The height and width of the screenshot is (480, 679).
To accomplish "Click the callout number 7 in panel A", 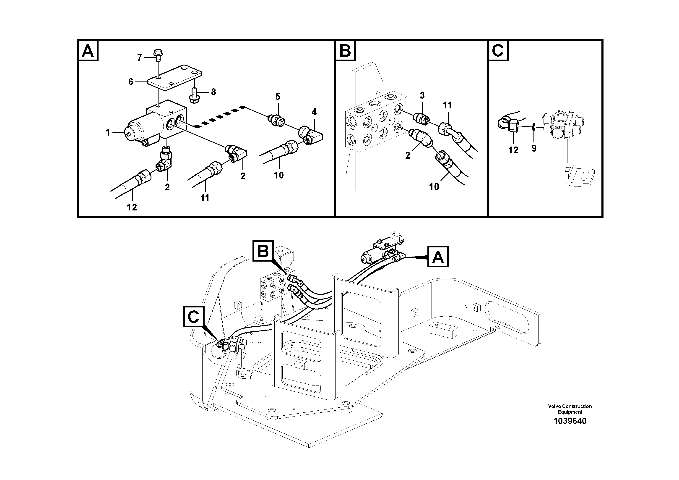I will click(x=140, y=58).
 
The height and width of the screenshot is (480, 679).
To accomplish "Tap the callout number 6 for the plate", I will click(x=131, y=82).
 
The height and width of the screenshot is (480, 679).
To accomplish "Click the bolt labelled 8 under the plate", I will click(x=195, y=96).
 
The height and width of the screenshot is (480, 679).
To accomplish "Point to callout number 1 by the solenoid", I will click(x=108, y=133).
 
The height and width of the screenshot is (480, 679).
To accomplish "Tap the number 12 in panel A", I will click(x=132, y=207).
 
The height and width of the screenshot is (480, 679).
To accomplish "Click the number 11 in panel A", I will click(x=205, y=198).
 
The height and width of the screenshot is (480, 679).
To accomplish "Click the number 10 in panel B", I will click(x=434, y=186).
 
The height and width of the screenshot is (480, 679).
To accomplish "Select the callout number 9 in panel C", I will click(x=534, y=148).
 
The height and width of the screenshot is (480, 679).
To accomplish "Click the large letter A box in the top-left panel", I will click(x=88, y=51).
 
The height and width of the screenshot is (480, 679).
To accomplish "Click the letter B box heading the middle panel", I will click(x=345, y=51).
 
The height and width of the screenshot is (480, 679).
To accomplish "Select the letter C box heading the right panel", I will click(x=497, y=51).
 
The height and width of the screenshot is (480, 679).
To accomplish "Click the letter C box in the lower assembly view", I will click(x=194, y=317).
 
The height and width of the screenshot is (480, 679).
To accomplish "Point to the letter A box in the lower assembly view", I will click(x=438, y=257).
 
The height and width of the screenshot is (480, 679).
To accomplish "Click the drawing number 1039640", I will click(x=570, y=421).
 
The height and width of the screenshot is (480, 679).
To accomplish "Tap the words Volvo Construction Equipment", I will click(x=570, y=409).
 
